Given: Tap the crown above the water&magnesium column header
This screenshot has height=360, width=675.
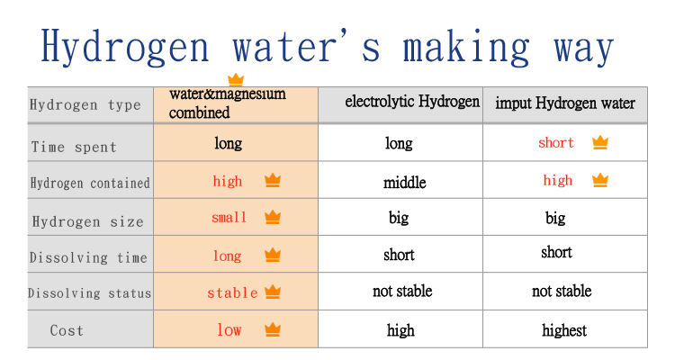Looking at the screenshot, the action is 236,80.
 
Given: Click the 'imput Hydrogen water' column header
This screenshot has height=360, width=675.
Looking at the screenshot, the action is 565,103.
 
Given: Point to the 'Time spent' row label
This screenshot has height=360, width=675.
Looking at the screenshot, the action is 74,148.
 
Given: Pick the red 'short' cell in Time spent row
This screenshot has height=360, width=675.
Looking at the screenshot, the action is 556,142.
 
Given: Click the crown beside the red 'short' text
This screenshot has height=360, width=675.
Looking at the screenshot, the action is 600,142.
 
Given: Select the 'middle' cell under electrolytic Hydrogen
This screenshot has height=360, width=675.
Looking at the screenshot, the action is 405,183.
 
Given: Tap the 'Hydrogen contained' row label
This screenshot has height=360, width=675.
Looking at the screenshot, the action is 90,183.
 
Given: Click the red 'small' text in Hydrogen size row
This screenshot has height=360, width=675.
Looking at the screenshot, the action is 229,218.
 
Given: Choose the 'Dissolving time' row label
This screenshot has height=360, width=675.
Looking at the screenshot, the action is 88,257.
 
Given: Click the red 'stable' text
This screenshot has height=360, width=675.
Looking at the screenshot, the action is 232,292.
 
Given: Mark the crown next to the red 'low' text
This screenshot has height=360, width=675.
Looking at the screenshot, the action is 273,330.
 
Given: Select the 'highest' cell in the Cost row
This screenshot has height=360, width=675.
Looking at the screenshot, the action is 564,330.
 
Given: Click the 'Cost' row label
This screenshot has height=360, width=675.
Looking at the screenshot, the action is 67,330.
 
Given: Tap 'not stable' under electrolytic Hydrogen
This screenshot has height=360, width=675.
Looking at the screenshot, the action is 402,292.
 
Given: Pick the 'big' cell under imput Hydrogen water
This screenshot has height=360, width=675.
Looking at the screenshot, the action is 555,219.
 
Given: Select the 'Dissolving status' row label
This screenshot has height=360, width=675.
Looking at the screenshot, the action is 89,293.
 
